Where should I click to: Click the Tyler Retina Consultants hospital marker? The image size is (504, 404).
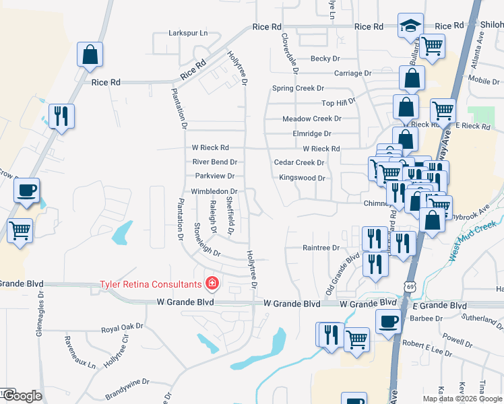212,283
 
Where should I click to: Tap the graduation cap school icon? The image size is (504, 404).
410,26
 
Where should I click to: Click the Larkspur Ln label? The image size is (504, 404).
188,32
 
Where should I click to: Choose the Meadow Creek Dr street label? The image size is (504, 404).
312,119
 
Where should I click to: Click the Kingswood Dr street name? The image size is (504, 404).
303,178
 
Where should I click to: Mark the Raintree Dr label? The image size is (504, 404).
321,248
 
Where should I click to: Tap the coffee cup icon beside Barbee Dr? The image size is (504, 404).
388,321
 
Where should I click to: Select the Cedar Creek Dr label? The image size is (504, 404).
299,162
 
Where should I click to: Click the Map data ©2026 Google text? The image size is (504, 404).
462,399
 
